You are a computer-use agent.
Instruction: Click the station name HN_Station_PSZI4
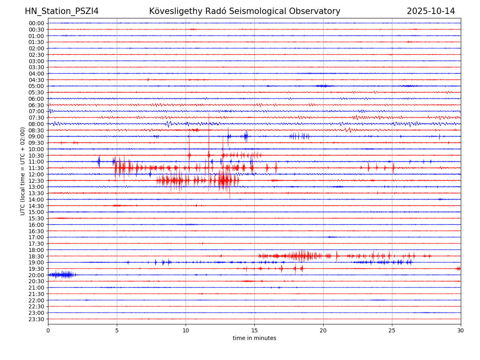(62, 11)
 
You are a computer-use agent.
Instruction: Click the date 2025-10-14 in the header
(431, 11)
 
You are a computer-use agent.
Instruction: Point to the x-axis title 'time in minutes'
(254, 338)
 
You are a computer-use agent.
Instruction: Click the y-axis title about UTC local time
(23, 171)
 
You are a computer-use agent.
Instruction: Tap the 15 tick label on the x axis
(254, 331)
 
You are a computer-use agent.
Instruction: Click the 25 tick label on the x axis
(392, 331)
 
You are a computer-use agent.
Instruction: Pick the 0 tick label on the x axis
(48, 331)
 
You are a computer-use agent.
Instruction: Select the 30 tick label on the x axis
(461, 331)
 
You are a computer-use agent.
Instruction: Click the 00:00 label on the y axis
(36, 23)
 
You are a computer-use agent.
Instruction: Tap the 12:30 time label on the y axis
(36, 181)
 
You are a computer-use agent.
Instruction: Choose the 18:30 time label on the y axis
(36, 256)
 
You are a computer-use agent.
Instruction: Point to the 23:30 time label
(36, 319)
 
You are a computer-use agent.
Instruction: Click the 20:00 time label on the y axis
(36, 275)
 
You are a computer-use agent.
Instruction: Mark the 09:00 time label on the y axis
(36, 137)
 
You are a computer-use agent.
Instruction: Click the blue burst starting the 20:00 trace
(62, 274)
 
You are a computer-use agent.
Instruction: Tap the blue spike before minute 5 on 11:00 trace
(99, 162)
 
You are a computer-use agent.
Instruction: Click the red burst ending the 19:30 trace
(458, 268)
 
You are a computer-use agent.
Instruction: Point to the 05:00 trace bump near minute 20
(322, 86)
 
